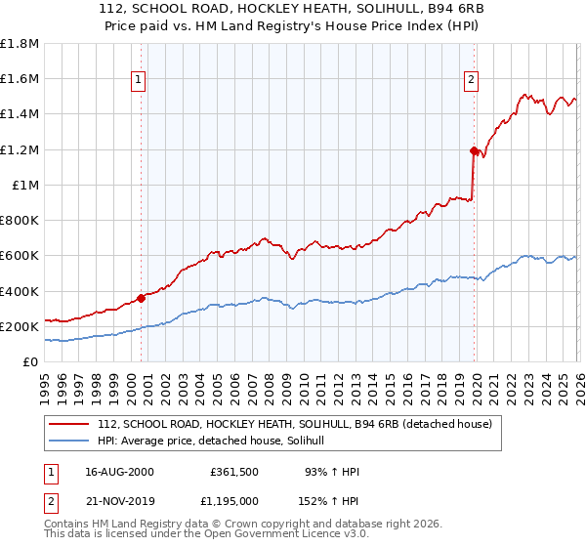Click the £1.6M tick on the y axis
tap(20, 78)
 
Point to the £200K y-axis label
tap(20, 326)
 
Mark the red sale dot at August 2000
tap(141, 297)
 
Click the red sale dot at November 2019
tap(474, 150)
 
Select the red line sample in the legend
tap(70, 423)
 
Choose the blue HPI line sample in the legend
tap(70, 441)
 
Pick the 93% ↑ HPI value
tap(332, 472)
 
